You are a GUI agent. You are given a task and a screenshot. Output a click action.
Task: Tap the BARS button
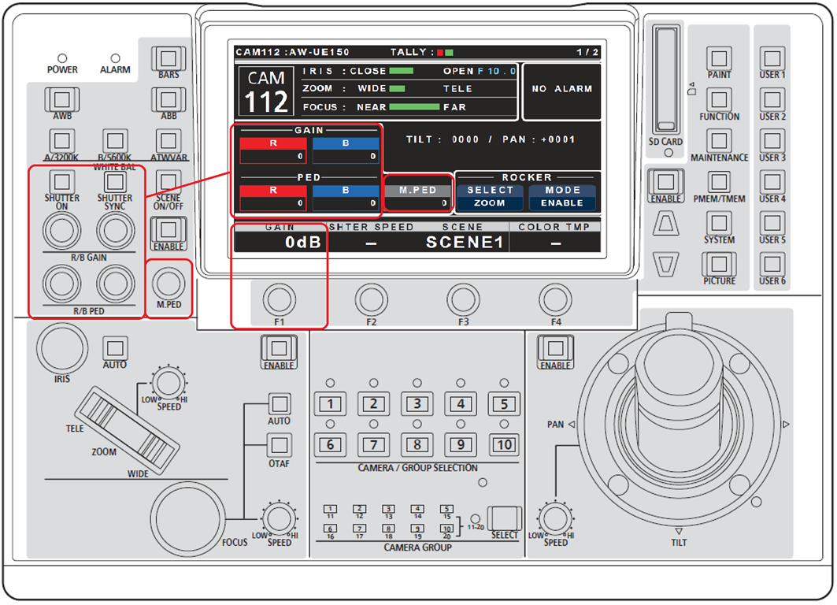pos(167,59)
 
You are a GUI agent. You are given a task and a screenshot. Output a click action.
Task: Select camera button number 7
pos(374,444)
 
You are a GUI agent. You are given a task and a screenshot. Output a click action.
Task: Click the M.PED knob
pos(169,281)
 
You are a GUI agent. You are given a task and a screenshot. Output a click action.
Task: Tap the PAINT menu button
pos(719,58)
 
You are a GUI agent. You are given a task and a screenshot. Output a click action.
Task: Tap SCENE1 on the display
pos(464,242)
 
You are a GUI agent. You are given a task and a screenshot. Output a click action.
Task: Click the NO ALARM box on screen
pos(561,90)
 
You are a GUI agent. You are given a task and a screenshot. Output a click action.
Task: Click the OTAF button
pos(280,445)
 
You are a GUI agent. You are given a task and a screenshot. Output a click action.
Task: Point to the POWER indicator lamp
pos(62,58)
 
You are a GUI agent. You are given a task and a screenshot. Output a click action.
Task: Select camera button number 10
pos(504,444)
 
